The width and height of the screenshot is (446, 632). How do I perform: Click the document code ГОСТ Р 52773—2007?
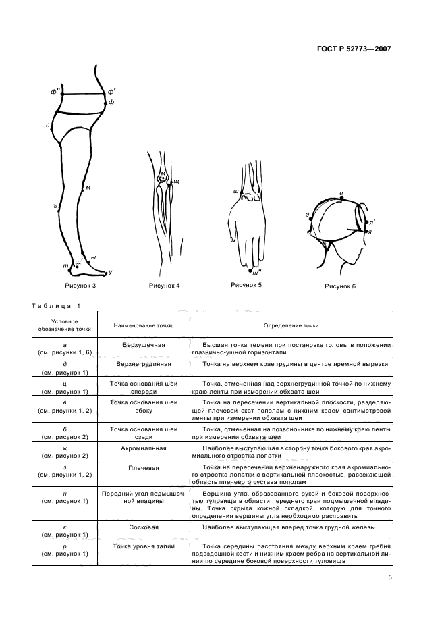pyautogui.click(x=354, y=49)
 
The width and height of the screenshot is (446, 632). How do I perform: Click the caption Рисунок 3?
pyautogui.click(x=80, y=286)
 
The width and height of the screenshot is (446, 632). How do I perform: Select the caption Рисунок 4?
pyautogui.click(x=165, y=286)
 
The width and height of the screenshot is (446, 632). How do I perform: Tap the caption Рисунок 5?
pyautogui.click(x=246, y=285)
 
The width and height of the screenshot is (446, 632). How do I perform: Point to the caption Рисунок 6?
pyautogui.click(x=340, y=286)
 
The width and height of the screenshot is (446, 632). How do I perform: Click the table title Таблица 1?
pyautogui.click(x=56, y=306)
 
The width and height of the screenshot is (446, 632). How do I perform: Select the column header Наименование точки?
pyautogui.click(x=143, y=325)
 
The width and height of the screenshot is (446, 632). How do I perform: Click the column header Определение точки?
pyautogui.click(x=291, y=325)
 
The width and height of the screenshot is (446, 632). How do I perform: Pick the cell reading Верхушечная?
pyautogui.click(x=144, y=345)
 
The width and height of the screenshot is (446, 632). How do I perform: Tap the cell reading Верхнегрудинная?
pyautogui.click(x=144, y=364)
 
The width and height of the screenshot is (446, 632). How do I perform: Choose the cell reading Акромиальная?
pyautogui.click(x=144, y=448)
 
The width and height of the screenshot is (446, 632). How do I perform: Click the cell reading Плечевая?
pyautogui.click(x=144, y=468)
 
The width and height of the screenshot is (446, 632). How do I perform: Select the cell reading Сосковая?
pyautogui.click(x=144, y=527)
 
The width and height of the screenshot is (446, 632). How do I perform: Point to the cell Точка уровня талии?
pyautogui.click(x=144, y=546)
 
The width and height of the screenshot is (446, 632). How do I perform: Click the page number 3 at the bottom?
pyautogui.click(x=390, y=577)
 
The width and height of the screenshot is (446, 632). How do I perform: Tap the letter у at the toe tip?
pyautogui.click(x=111, y=273)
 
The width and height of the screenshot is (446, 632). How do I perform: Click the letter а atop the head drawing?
pyautogui.click(x=341, y=194)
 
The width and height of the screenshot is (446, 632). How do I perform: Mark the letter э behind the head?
pyautogui.click(x=307, y=215)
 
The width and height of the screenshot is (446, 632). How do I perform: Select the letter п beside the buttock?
pyautogui.click(x=47, y=126)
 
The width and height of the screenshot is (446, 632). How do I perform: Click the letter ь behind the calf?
pyautogui.click(x=55, y=205)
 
